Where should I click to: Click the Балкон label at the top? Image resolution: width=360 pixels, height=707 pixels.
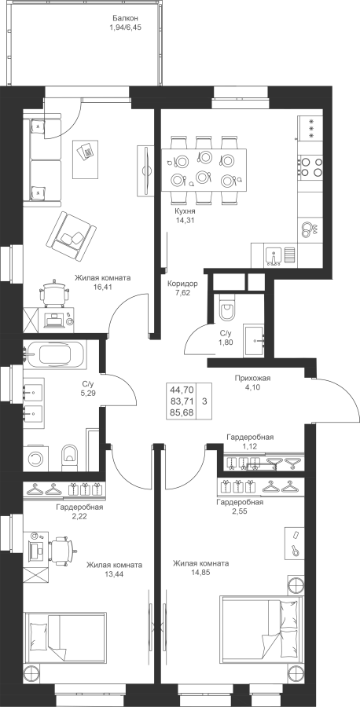pos(125,19)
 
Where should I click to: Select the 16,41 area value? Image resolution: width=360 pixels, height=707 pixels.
pos(103,286)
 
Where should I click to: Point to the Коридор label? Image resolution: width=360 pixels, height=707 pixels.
pos(182,284)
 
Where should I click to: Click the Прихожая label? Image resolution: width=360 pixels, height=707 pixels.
pos(252,378)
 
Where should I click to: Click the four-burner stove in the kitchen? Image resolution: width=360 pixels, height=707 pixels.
pos(310,166)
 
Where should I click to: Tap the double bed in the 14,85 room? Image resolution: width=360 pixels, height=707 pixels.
pos(262,632)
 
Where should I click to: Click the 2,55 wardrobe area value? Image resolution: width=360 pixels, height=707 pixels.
pos(240,511)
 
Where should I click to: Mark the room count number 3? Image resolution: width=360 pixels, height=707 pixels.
pos(205,401)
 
